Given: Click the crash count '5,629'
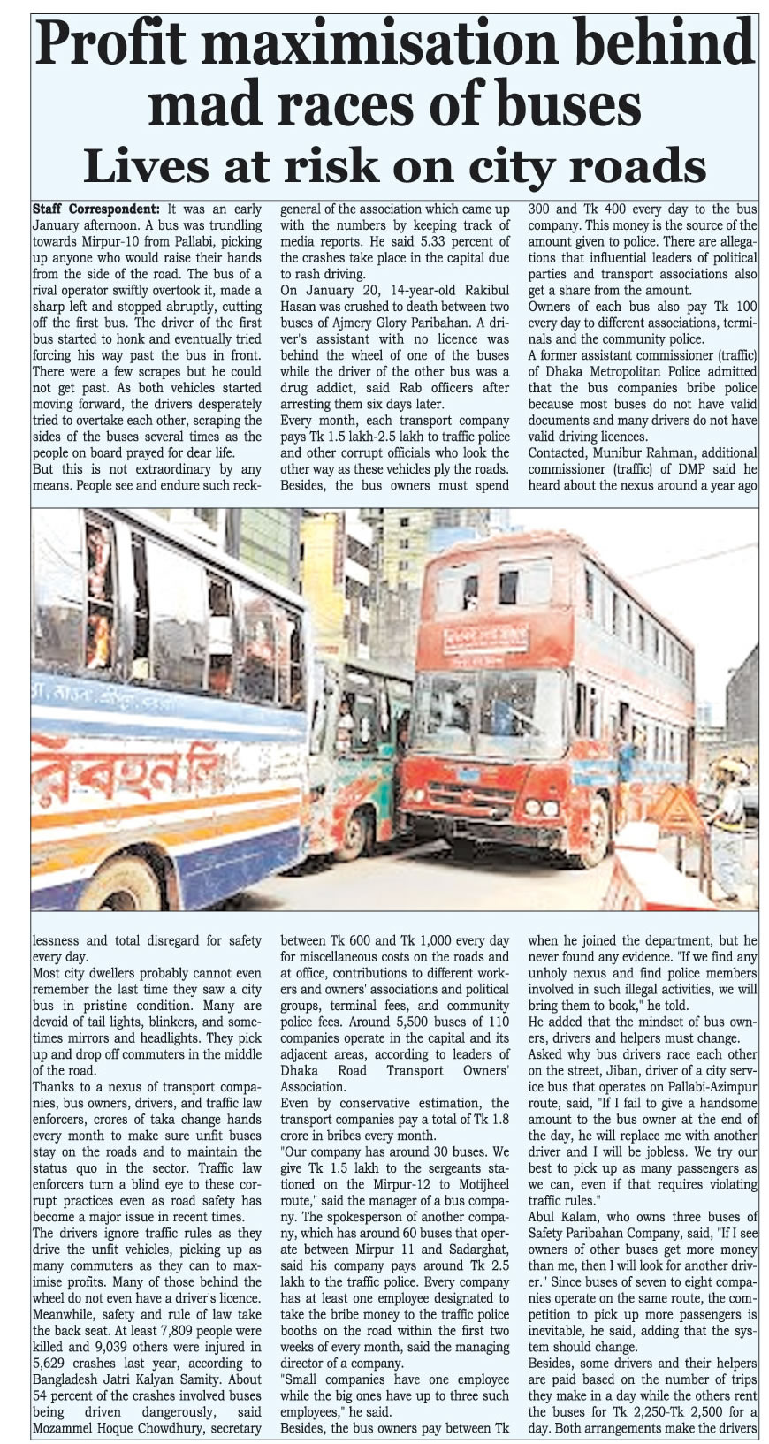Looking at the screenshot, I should point(52,1363).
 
